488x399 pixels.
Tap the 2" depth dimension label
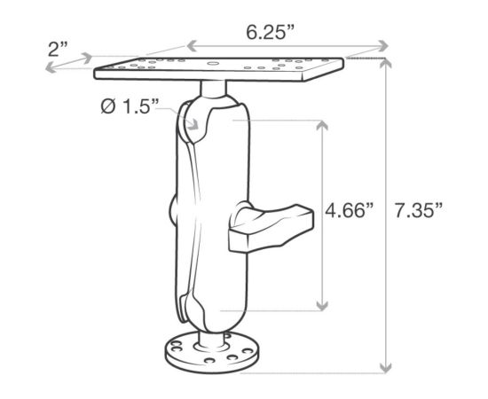coord(59,49)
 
